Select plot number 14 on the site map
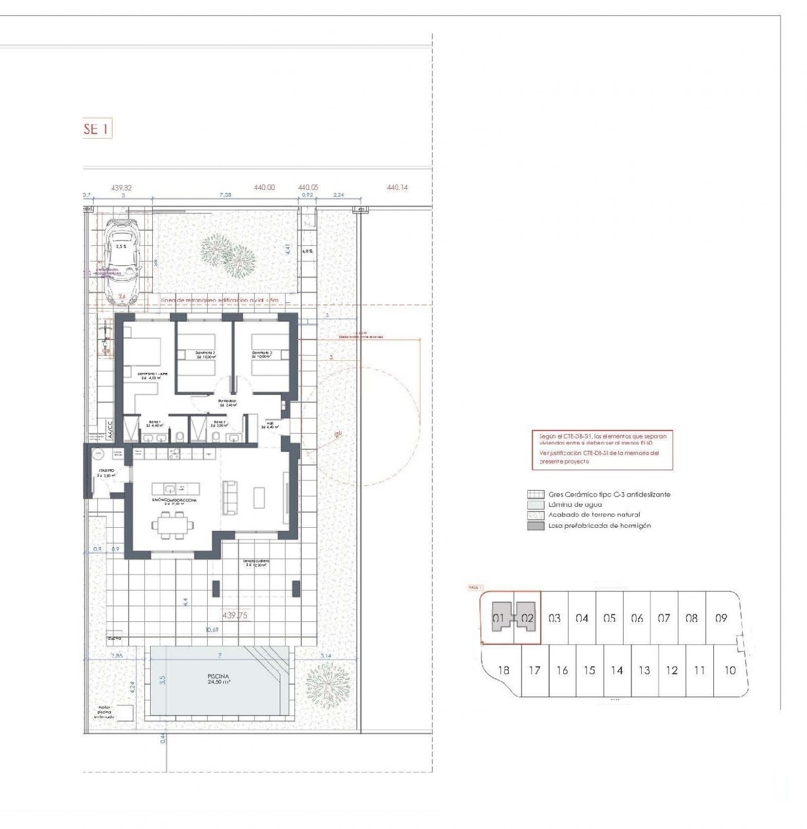click(617, 670)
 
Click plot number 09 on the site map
click(721, 618)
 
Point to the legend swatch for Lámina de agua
click(535, 505)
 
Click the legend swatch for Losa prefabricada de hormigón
click(535, 526)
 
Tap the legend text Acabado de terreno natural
click(594, 515)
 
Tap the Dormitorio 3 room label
click(261, 354)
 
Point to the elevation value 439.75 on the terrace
click(235, 615)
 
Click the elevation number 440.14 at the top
click(397, 187)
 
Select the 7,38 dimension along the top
click(225, 195)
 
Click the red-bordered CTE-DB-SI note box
click(602, 450)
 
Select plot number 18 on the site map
click(504, 670)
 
